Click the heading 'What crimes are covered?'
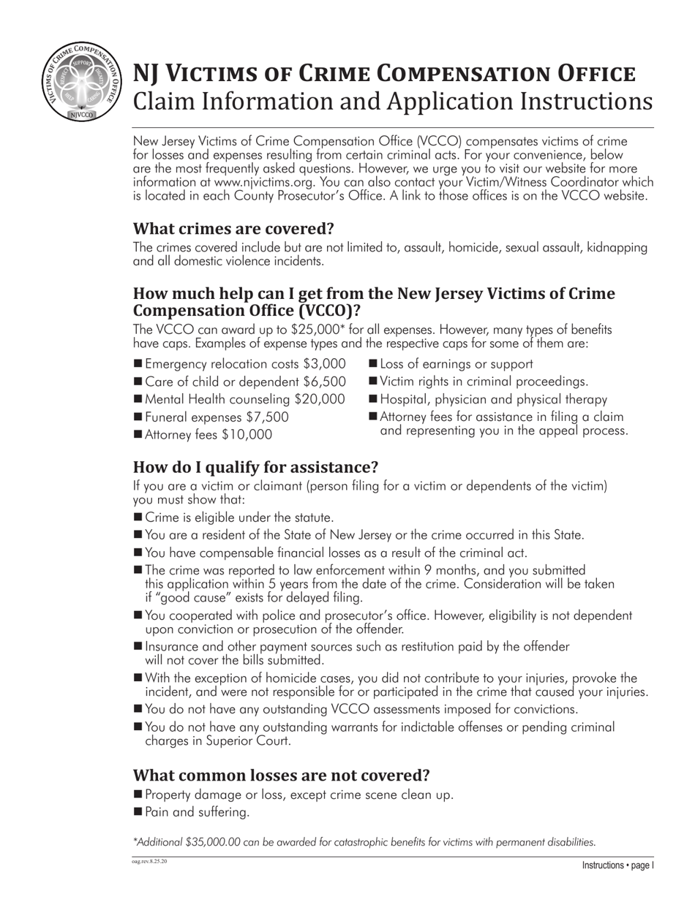(233, 229)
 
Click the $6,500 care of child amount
(324, 382)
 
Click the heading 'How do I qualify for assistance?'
(255, 467)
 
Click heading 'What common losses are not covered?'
(281, 775)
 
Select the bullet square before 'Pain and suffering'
(138, 811)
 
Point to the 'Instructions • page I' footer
(617, 865)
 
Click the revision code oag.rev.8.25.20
(149, 862)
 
